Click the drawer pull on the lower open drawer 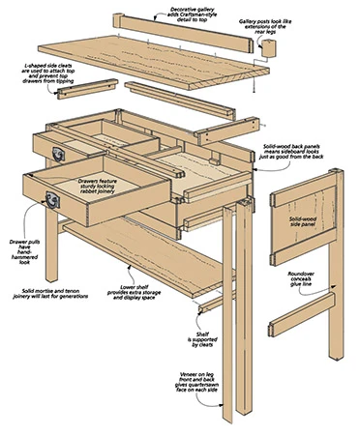tap(52, 200)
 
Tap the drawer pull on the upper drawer tap(59, 154)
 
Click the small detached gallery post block tap(268, 48)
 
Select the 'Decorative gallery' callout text tap(192, 14)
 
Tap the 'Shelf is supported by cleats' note tap(202, 339)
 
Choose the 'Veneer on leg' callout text tap(196, 382)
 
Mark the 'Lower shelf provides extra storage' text tap(134, 292)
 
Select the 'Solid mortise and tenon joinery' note tap(50, 294)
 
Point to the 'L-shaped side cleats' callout tap(47, 73)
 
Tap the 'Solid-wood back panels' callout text tap(293, 151)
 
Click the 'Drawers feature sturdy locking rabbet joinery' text tap(98, 187)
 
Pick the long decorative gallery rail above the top tap(183, 32)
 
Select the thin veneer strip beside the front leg tap(227, 314)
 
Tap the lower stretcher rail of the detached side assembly tap(302, 315)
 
